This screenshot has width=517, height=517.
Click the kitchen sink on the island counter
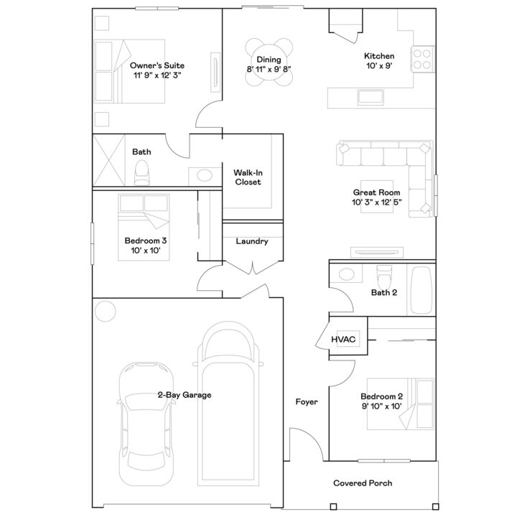[371, 97]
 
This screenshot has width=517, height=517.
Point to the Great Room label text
[376, 197]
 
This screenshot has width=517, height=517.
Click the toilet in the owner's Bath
[141, 172]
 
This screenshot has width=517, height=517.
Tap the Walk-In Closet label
[248, 177]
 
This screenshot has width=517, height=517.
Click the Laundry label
[251, 241]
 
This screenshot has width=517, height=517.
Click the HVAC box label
[344, 339]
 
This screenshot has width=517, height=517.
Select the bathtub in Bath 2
[422, 289]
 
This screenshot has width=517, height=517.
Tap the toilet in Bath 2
[383, 274]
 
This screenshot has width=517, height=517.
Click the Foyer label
[307, 402]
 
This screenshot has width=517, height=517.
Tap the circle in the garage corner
[106, 310]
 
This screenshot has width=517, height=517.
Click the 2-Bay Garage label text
[184, 395]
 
